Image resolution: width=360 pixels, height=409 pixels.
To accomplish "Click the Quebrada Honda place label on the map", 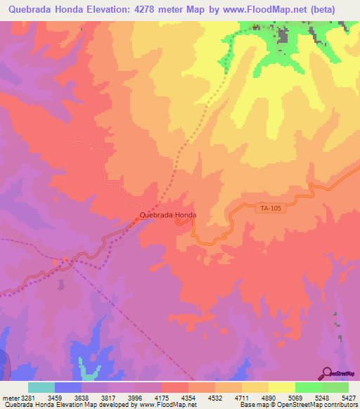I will click(x=167, y=215).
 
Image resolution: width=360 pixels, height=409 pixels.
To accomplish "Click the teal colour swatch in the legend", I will click(x=41, y=387).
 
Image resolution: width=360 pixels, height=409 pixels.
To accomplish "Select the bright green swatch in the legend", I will click(x=308, y=387).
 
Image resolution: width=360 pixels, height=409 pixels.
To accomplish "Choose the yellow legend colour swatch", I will click(x=281, y=387).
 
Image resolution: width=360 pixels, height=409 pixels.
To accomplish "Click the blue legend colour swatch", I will click(x=68, y=387).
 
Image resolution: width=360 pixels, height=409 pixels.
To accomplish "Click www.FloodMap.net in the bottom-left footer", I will click(x=144, y=405).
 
